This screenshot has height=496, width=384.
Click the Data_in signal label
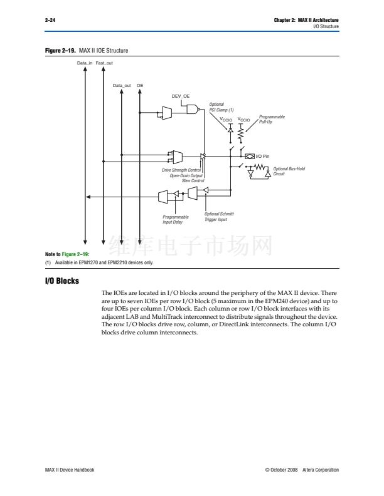(x=85, y=63)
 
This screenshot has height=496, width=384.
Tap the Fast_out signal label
(x=104, y=63)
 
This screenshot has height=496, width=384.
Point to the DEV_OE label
(x=181, y=96)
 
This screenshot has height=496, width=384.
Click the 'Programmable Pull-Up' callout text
(x=271, y=119)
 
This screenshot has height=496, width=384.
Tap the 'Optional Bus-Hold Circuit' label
(x=288, y=171)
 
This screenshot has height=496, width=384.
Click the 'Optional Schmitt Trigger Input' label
(x=219, y=216)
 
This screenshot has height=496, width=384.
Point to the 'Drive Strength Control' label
(x=181, y=170)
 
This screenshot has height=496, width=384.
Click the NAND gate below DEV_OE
(x=191, y=109)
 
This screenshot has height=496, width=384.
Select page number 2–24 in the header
(x=49, y=21)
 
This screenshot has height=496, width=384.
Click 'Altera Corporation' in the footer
(x=320, y=470)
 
